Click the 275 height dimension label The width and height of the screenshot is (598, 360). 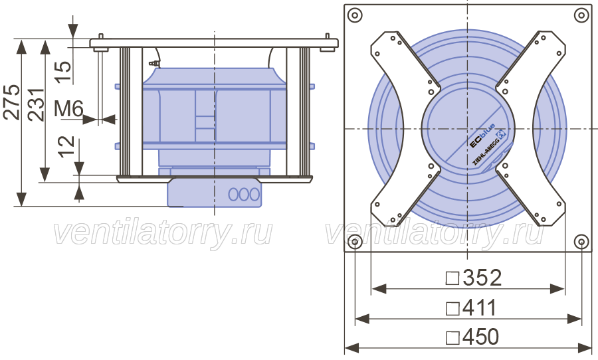[x=11, y=102]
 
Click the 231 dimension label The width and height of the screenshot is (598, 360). [x=37, y=105]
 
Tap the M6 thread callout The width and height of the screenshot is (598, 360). [x=68, y=109]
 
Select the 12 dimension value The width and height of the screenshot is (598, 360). [x=66, y=146]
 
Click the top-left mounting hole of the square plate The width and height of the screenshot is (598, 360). [x=355, y=16]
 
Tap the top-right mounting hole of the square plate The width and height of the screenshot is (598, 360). [x=581, y=16]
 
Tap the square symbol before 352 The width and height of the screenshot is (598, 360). [x=452, y=278]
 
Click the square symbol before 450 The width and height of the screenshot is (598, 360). [x=452, y=337]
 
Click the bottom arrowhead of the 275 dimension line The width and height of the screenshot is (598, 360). [x=22, y=199]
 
